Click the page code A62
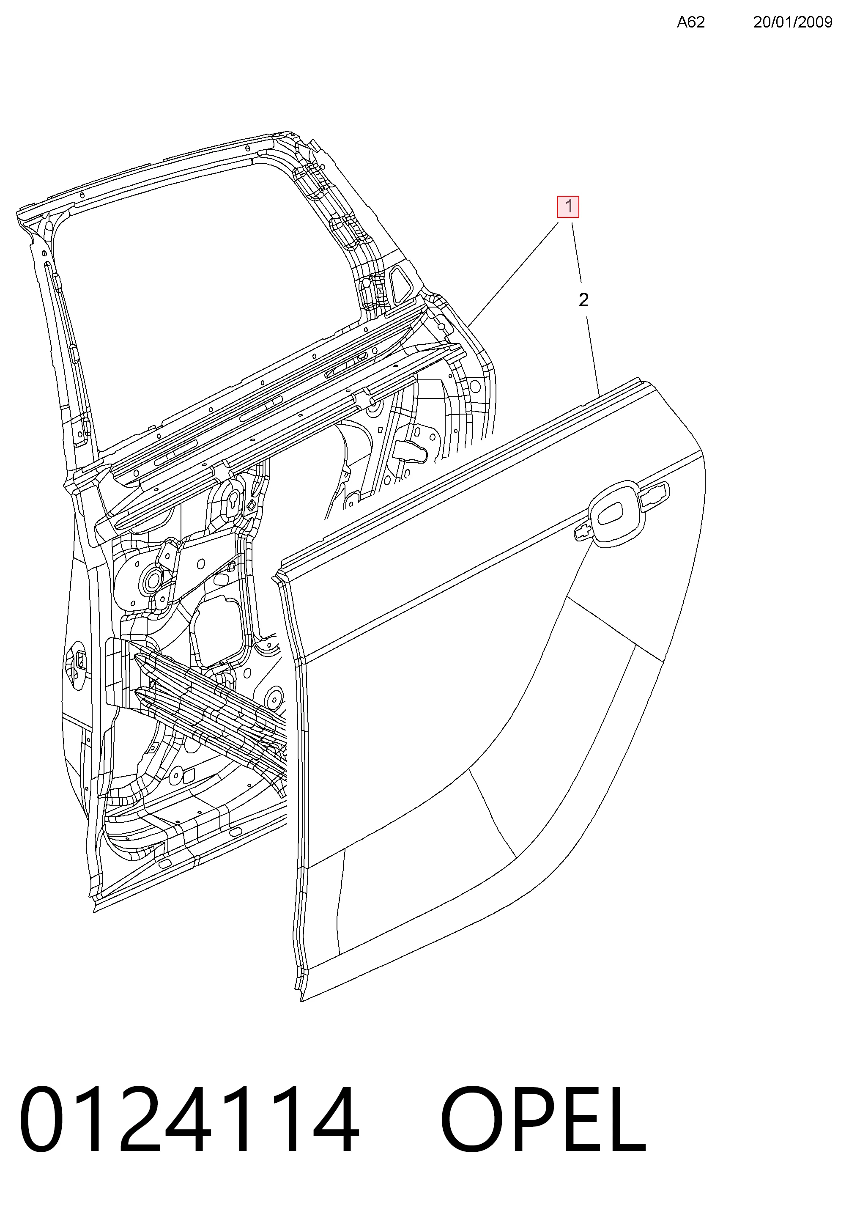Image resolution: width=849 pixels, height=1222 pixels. (x=690, y=22)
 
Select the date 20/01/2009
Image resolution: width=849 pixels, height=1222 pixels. (x=793, y=22)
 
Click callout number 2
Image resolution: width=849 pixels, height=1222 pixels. (x=583, y=300)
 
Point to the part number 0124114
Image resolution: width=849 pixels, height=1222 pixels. (x=189, y=1119)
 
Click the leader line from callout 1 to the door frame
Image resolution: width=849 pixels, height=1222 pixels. (x=514, y=275)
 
